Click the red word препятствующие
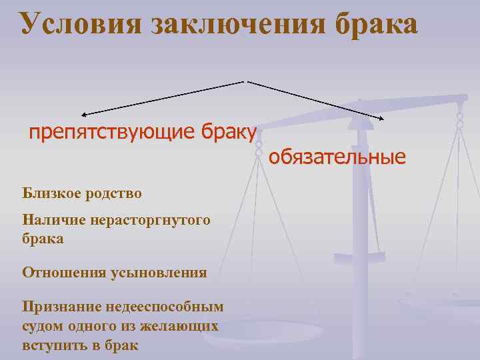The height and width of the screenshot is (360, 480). (111, 133)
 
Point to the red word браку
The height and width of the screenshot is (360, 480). (227, 133)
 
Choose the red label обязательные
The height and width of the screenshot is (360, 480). (337, 158)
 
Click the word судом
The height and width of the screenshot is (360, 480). (43, 327)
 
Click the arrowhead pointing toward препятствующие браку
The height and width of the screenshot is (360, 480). (84, 115)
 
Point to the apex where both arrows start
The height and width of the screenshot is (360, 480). (247, 81)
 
